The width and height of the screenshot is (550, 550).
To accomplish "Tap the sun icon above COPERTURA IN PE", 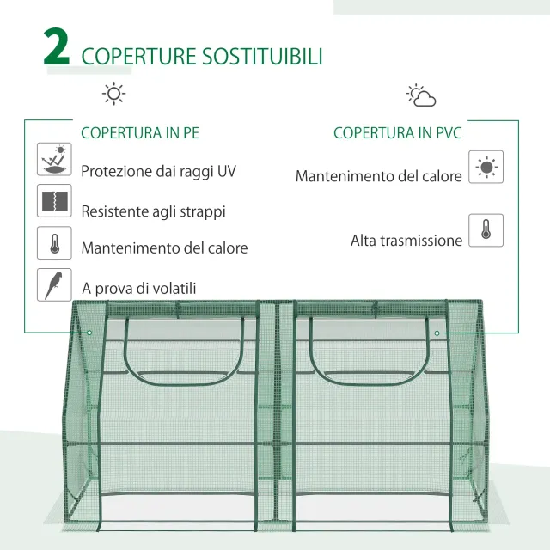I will point(113,94).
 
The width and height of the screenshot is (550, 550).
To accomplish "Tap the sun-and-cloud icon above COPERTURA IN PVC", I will point(421,95).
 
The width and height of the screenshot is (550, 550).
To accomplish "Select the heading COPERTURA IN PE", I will point(140,133).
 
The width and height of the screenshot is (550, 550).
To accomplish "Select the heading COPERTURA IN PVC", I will point(397,133).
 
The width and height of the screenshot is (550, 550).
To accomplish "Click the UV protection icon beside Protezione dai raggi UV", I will point(54,161).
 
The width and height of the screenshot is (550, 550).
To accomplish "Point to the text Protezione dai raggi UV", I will point(158,171).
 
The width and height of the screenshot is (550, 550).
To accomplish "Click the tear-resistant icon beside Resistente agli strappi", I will point(54,202).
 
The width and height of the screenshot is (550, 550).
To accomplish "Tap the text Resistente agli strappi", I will point(153,211).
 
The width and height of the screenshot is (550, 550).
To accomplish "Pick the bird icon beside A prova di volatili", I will point(54,284).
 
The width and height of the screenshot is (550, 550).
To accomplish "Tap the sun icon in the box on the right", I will point(486,167).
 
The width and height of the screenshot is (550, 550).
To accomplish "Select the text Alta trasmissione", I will point(406,241).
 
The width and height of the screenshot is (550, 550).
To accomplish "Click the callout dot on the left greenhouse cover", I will point(89,333).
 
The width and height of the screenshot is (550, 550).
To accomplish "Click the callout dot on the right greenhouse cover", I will point(437,333).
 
